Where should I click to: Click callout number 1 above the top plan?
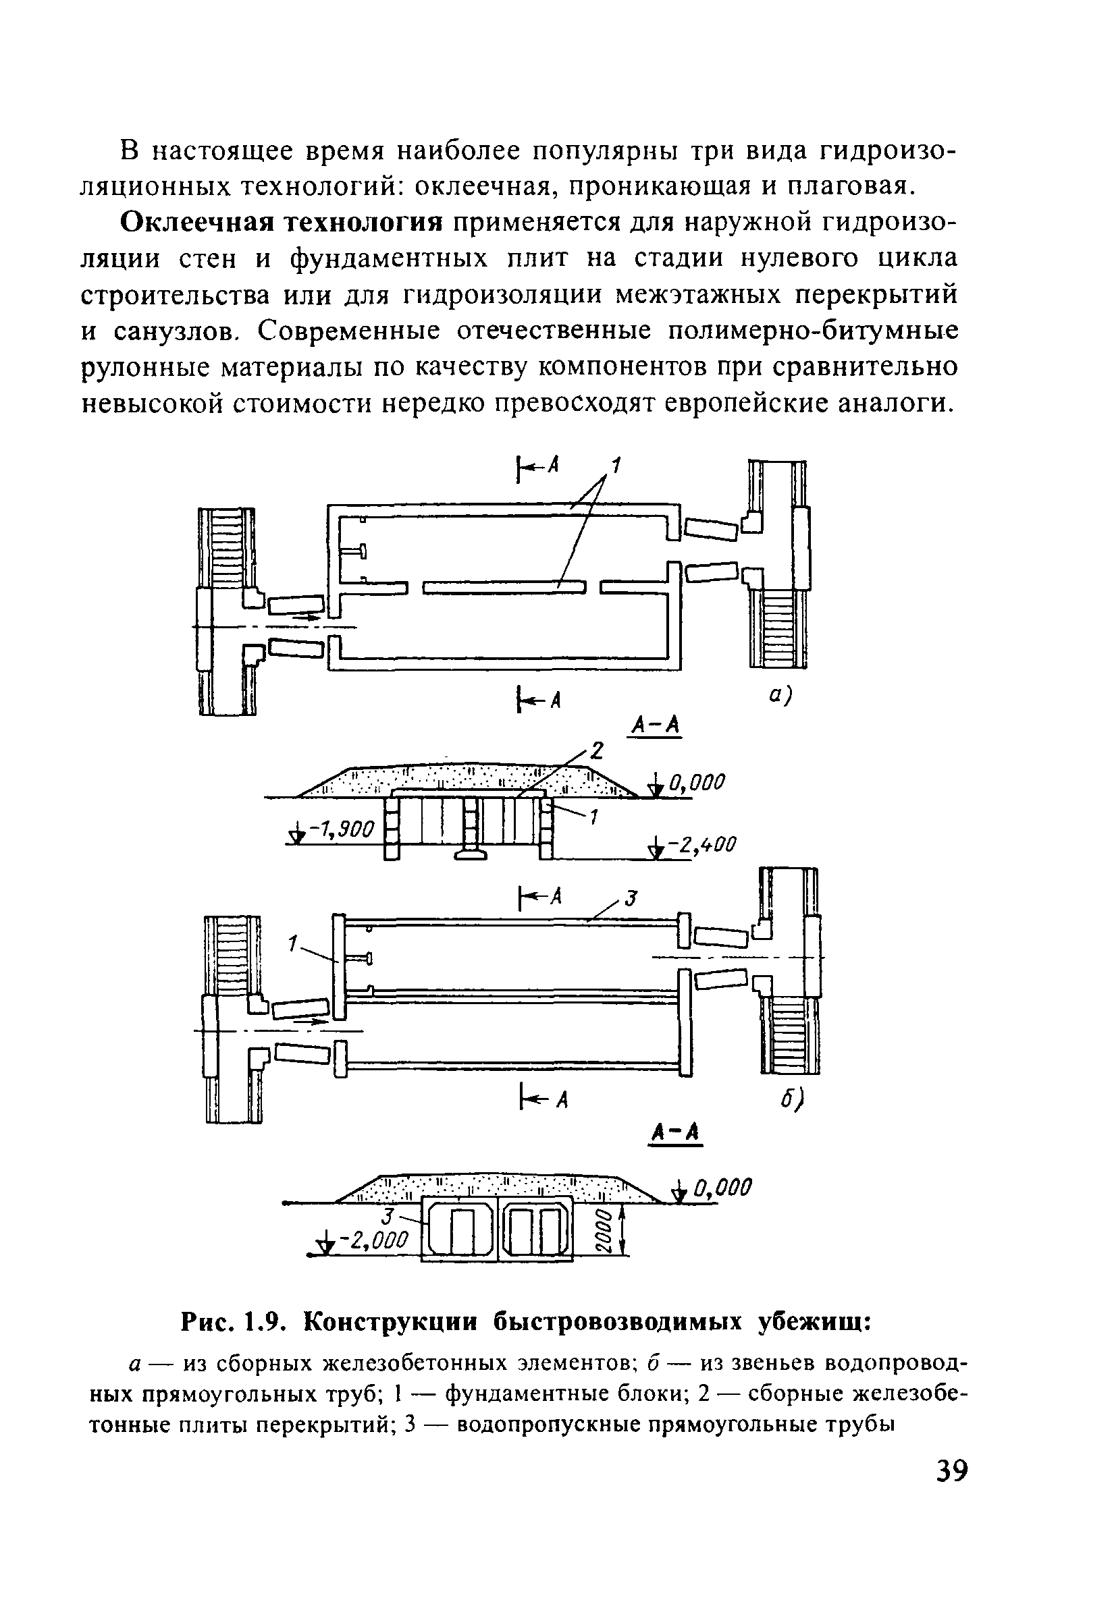616,464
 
